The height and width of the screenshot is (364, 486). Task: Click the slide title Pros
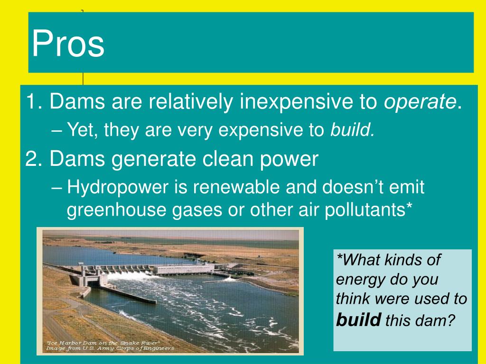pos(68,44)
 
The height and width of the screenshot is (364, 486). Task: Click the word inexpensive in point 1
pos(293,102)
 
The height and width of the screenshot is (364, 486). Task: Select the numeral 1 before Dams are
pos(31,102)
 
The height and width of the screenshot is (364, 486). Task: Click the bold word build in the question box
pos(358,320)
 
